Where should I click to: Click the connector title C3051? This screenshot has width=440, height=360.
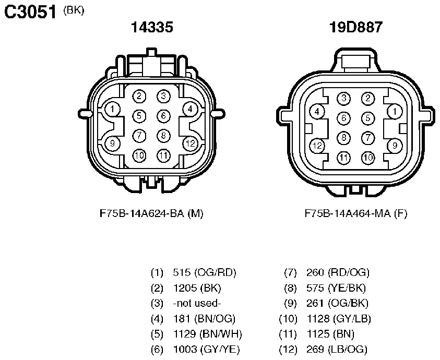click(30, 12)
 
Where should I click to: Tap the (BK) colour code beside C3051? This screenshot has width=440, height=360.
click(74, 10)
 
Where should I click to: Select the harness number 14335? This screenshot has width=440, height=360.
click(152, 27)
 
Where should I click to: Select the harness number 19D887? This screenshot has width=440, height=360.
click(356, 27)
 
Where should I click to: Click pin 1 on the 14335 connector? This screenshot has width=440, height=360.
click(113, 109)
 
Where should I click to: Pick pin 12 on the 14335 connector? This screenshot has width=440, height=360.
click(191, 143)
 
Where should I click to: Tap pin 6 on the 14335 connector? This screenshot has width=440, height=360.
click(163, 116)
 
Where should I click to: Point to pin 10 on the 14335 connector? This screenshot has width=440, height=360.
click(139, 155)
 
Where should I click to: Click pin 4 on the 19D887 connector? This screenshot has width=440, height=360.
click(317, 112)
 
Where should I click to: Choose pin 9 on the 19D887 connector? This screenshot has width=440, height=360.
click(395, 146)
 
